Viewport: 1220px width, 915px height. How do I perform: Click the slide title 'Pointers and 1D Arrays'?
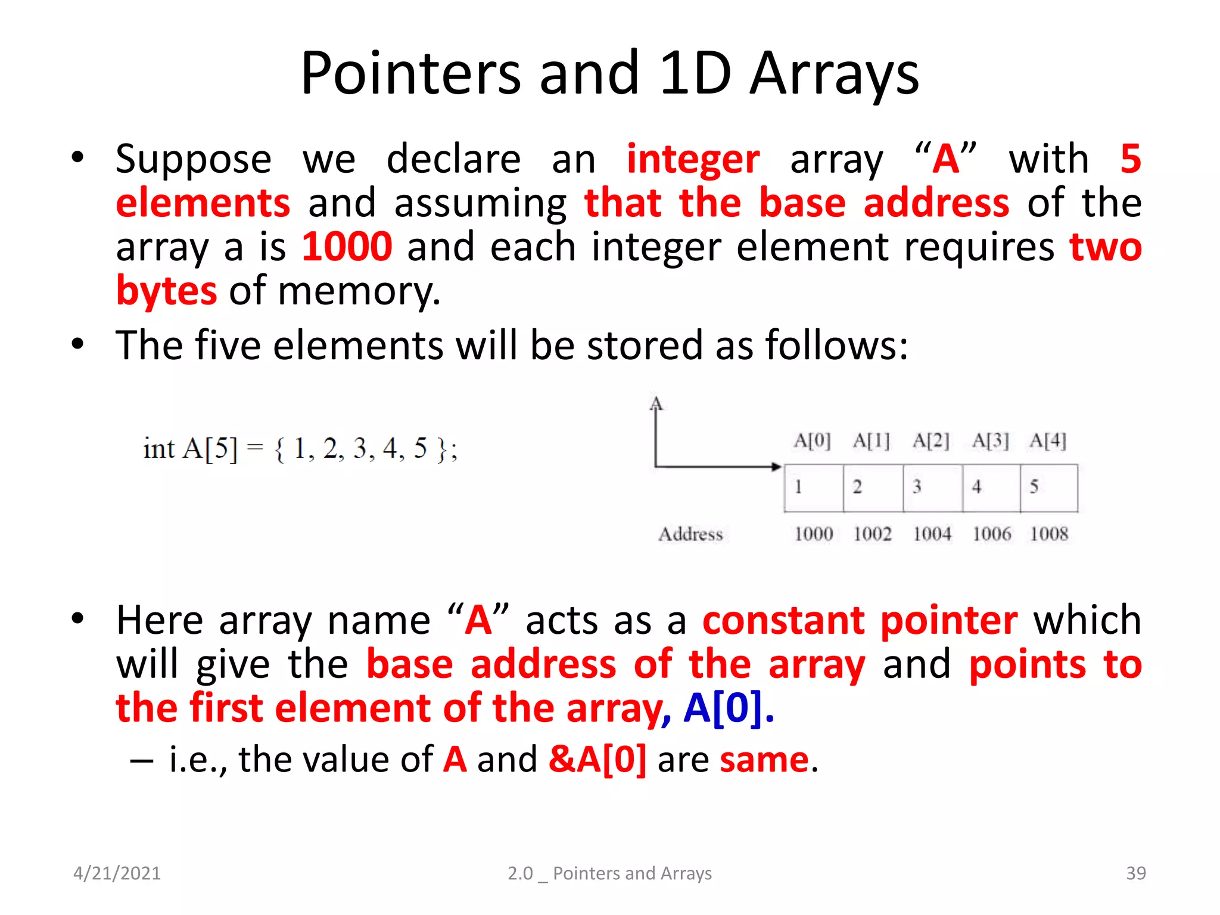[609, 74]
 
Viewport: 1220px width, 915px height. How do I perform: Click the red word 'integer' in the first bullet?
[693, 159]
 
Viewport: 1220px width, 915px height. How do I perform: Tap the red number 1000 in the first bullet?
[347, 247]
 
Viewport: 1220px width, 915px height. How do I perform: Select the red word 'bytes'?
[166, 291]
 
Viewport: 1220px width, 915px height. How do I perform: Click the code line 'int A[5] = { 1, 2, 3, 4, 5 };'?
[300, 449]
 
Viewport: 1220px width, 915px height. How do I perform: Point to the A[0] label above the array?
[812, 441]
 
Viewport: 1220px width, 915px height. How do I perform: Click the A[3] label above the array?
[990, 441]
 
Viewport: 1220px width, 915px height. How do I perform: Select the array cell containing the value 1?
[813, 488]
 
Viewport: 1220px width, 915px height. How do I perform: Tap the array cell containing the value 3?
[932, 488]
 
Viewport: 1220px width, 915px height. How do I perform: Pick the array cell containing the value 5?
[1048, 488]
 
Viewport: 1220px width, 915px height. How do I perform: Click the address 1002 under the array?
[872, 534]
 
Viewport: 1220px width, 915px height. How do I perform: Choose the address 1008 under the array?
[1049, 534]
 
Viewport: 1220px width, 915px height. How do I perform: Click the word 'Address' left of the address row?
[690, 534]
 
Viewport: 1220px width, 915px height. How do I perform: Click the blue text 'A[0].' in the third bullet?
[728, 708]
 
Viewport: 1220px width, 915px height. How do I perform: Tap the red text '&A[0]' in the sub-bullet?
[597, 760]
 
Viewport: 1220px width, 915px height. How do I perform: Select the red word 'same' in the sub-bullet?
[764, 760]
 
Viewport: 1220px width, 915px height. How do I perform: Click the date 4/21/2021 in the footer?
[117, 873]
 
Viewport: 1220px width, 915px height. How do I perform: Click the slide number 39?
[1135, 873]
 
